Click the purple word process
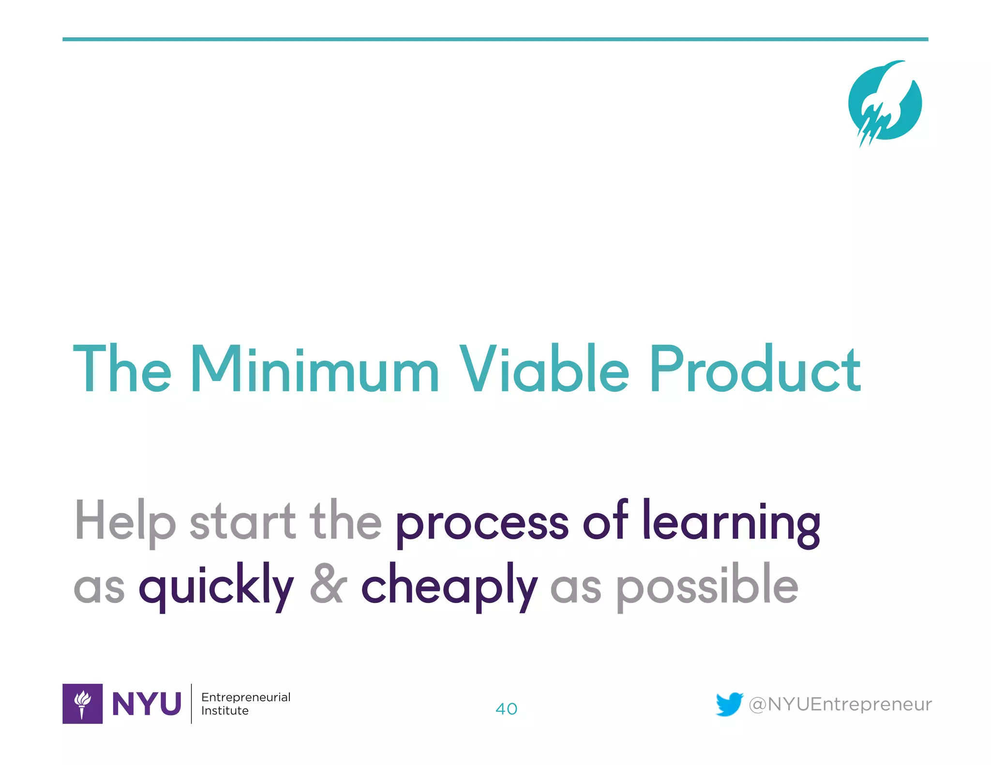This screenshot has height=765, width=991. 482,525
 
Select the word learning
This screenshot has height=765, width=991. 731,522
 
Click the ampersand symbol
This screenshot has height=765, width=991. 328,584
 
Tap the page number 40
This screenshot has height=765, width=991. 506,709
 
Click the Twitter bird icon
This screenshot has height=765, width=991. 729,704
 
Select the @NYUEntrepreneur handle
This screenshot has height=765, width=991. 840,705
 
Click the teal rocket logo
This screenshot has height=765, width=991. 885,103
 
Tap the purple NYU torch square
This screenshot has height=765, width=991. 82,704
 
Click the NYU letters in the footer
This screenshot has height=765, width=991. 146,704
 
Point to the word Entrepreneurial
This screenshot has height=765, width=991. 246,697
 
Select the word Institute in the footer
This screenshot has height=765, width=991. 225,711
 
